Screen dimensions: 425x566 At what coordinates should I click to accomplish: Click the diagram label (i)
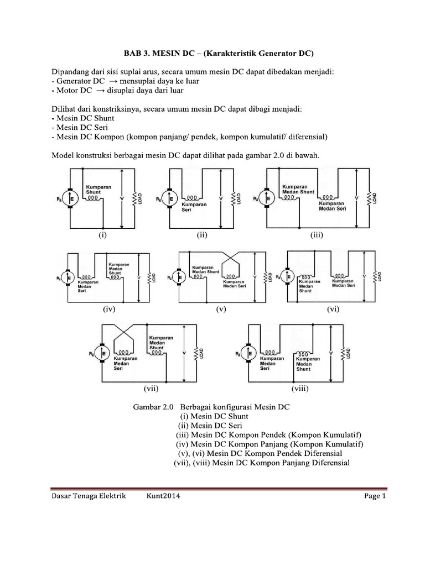point(102,234)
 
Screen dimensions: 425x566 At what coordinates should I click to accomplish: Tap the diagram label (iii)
point(316,234)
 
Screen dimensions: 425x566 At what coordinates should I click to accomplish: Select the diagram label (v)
point(221,310)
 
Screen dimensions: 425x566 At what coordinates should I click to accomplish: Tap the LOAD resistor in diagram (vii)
point(196,354)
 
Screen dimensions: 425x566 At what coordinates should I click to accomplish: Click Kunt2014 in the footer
point(163,496)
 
